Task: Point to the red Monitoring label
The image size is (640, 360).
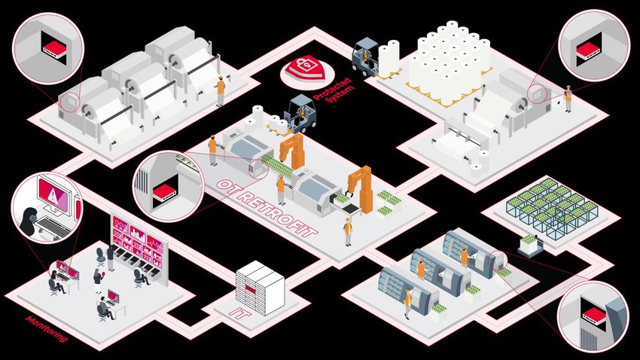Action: click(x=46, y=328)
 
